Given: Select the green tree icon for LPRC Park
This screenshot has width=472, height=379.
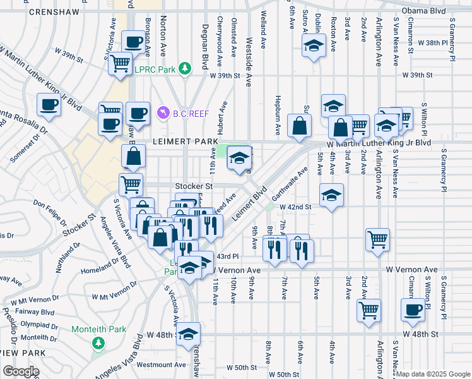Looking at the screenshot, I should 185,68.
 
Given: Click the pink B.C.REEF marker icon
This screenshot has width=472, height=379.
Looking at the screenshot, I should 162,112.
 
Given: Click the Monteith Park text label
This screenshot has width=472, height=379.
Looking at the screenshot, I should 98,329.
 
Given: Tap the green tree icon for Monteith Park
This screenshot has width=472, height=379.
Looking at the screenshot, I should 98,342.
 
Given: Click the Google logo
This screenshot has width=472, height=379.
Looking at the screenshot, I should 21,371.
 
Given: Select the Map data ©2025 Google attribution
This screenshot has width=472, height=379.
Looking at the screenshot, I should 433,374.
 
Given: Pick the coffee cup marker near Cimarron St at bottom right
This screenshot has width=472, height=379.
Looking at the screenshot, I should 413,310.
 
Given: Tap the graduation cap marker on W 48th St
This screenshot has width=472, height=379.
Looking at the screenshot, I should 188,334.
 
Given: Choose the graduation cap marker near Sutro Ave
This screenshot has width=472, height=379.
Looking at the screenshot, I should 313,46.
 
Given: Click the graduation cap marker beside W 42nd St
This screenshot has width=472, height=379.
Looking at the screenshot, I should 331,195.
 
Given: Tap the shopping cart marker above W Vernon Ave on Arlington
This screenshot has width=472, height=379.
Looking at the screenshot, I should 377,239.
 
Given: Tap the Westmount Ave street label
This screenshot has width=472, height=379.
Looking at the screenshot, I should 161,364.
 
